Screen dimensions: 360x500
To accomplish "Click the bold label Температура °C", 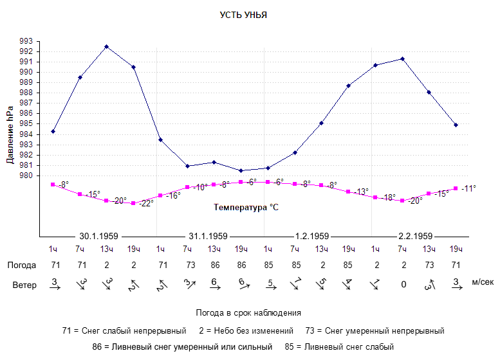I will tap(246, 208).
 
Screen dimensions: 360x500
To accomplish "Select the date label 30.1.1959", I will tap(99, 236).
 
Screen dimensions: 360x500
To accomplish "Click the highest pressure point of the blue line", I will tap(106, 47).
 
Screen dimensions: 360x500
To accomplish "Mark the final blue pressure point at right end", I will tap(456, 125).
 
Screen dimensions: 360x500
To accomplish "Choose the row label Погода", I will tap(22, 265).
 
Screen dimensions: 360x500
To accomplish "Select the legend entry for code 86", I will tap(182, 347).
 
